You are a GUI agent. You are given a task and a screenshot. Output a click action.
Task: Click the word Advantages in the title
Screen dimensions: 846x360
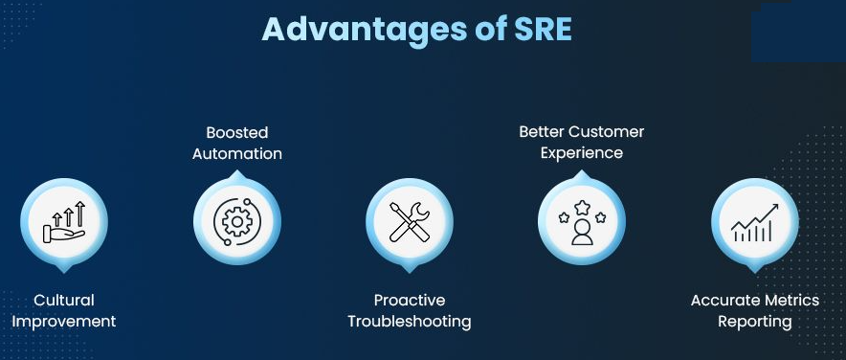pos(365,31)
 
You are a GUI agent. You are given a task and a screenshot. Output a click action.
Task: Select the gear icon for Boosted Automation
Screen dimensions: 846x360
pos(236,221)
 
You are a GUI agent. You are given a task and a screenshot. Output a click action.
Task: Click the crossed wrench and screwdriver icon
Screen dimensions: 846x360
pos(410,222)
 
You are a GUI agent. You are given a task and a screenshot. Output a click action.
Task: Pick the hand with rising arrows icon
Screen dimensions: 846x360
pos(64,222)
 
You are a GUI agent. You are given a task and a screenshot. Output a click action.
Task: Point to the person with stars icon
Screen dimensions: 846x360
pos(582,222)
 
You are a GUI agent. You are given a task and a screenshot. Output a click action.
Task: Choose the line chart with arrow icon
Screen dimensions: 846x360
pos(755,222)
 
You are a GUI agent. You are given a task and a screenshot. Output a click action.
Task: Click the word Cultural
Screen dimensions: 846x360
pos(64,300)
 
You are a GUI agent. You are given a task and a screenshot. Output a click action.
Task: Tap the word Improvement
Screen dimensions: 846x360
pos(64,322)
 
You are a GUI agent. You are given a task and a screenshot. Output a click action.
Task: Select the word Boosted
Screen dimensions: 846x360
pos(236,132)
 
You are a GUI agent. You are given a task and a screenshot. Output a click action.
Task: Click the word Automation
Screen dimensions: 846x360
pos(236,154)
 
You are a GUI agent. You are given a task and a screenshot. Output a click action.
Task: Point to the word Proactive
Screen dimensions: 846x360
pos(410,300)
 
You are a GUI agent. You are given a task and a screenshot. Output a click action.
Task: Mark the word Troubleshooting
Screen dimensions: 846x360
pos(410,322)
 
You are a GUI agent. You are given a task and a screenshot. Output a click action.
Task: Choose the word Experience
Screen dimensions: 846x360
pos(582,153)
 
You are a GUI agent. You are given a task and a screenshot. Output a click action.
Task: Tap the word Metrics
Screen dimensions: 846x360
pos(790,300)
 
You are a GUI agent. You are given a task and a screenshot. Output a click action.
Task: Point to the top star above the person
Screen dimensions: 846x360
pos(582,207)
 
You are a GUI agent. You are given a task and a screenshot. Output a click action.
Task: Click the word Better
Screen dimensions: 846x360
pos(541,132)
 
